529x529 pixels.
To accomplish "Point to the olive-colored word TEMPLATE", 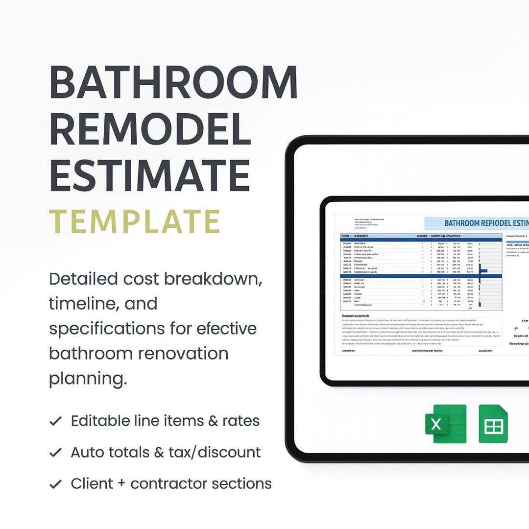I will [135, 221].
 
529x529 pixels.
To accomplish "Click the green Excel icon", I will [445, 424].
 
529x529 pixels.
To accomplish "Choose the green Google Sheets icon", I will [493, 424].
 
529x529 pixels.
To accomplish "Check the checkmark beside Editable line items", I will [56, 421].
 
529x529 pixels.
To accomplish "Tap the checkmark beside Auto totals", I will [56, 453].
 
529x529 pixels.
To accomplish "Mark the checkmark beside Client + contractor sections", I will [56, 484].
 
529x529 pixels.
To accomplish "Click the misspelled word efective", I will [226, 329].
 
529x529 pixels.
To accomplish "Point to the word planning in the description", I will [88, 379].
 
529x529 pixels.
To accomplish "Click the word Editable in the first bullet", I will [100, 421].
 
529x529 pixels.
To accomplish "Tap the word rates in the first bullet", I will [240, 421].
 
